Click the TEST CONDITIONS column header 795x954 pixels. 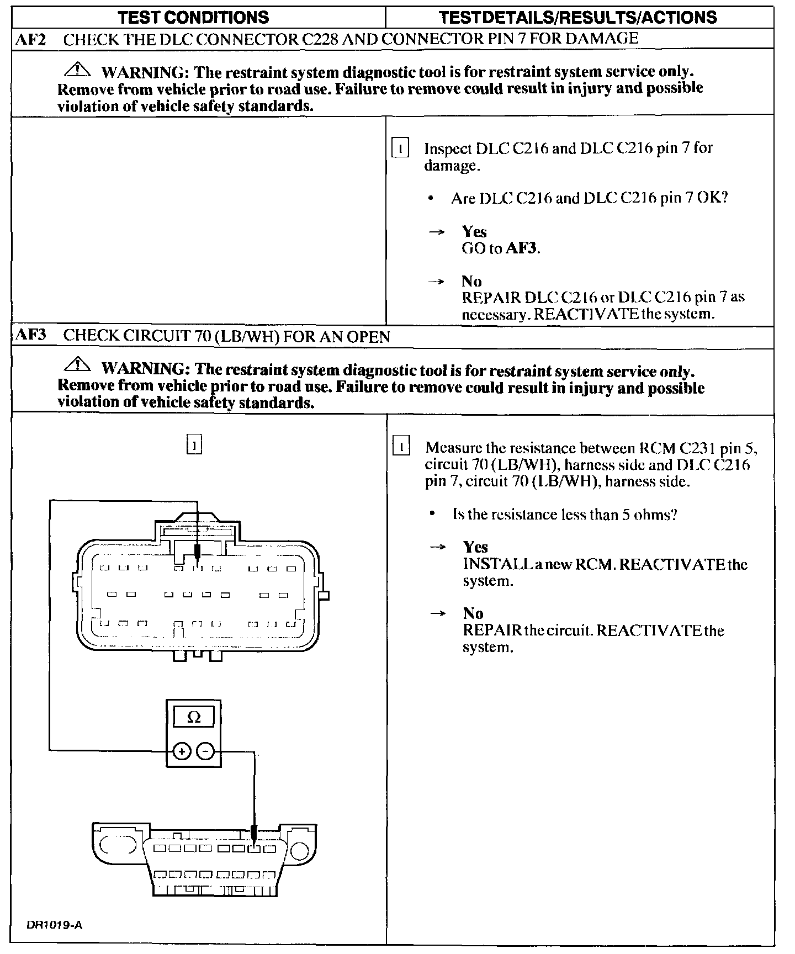tap(194, 18)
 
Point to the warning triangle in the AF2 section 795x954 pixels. tap(78, 70)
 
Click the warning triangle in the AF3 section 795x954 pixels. tap(78, 364)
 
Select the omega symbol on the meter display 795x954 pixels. tap(194, 717)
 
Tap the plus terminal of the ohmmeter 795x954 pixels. tap(182, 751)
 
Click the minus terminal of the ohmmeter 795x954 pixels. tap(205, 751)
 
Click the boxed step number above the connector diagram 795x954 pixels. tap(194, 444)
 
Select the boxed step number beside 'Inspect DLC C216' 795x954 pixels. tap(400, 149)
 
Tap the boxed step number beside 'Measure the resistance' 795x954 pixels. tap(401, 447)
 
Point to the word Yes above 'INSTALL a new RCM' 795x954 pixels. tap(475, 547)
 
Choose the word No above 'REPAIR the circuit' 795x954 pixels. tap(473, 613)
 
